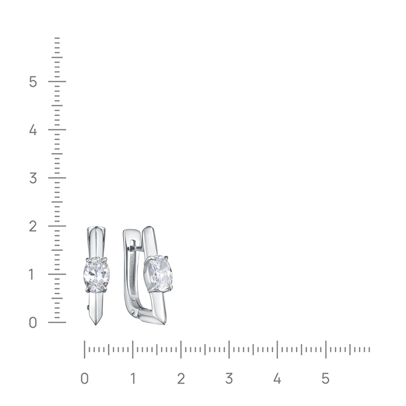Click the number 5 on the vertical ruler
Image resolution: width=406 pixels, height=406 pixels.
[33, 81]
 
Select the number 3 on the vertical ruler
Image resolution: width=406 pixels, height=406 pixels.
[33, 178]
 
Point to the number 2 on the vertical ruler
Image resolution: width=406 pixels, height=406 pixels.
[33, 226]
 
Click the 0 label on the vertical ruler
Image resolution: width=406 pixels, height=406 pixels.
[33, 323]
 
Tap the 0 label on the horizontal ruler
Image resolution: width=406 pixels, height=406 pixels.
[84, 378]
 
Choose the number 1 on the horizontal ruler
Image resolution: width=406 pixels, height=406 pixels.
[133, 378]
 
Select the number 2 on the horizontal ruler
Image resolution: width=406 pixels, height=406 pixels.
[181, 378]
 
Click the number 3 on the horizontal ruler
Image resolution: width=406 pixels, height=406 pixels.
[229, 378]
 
